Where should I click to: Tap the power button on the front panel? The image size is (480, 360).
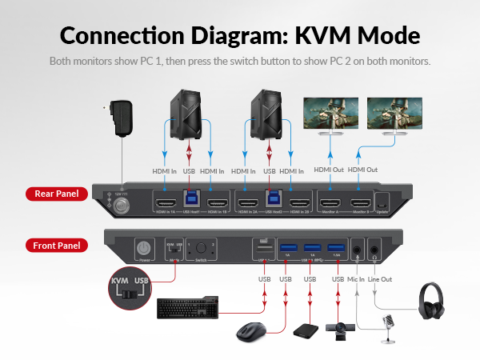[145, 248]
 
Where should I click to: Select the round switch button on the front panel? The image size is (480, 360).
[202, 248]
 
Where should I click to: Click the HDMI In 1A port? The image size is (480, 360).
[166, 202]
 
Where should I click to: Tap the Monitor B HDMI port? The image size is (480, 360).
[361, 202]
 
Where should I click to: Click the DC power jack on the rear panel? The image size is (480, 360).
[122, 204]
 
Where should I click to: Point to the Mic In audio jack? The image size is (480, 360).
[355, 249]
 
